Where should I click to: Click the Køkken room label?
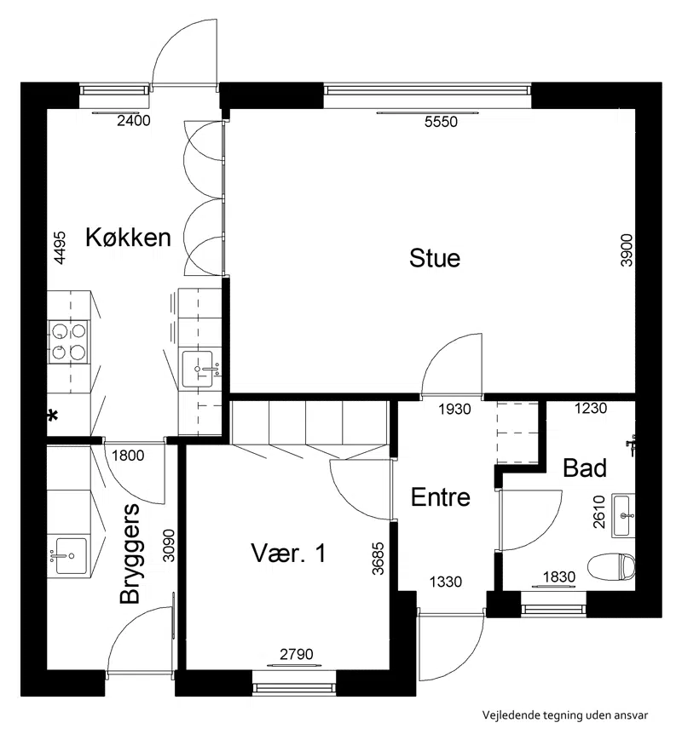pos(128,237)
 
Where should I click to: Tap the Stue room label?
pos(435,258)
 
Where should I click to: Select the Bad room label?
pos(585,468)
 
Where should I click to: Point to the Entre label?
pos(441,497)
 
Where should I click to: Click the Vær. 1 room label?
pos(288,554)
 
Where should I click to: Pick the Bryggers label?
pos(130,554)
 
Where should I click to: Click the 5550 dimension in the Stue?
pos(441,122)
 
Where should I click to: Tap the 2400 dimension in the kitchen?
pos(134,121)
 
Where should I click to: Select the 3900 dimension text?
pos(627,250)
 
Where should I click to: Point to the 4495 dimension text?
pos(60,247)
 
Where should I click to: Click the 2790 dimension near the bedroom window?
pos(297,654)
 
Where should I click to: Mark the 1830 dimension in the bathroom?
pos(559,577)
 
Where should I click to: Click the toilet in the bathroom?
pos(611,567)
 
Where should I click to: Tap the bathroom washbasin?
pos(623,515)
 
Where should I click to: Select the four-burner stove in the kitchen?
pos(69,341)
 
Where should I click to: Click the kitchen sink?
pos(198,369)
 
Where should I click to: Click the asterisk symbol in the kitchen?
pos(53,416)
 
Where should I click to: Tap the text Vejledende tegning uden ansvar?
pos(565,715)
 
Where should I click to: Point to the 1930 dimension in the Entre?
pos(454,409)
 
